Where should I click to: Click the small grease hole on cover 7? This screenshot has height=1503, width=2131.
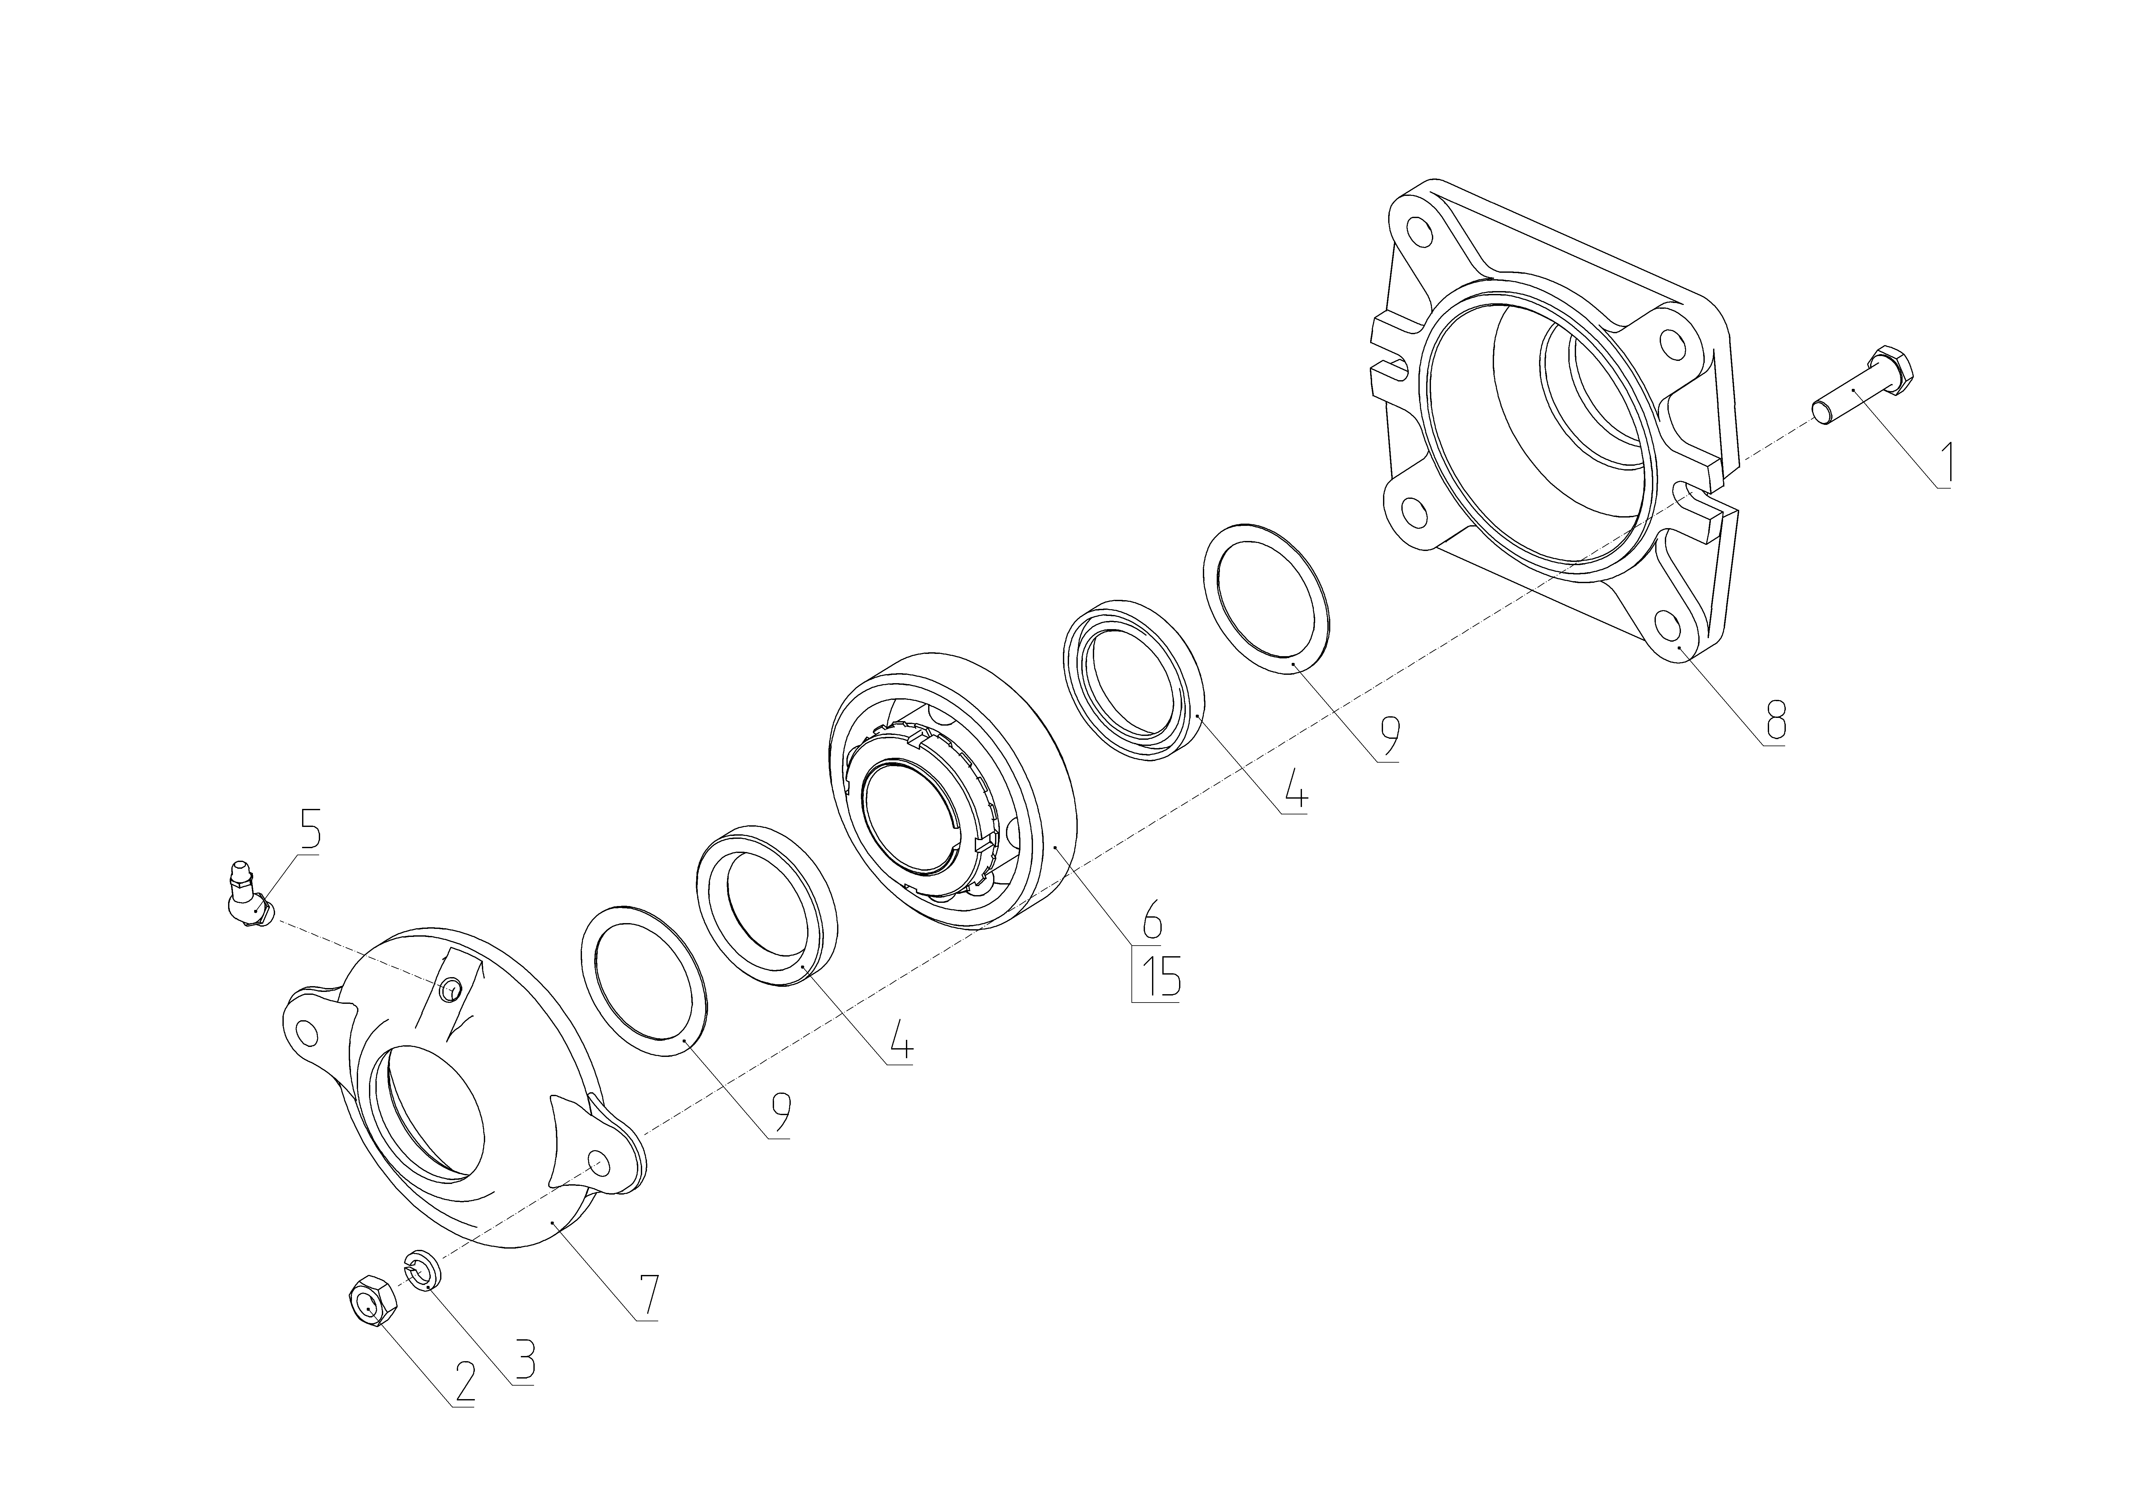[x=450, y=991]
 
